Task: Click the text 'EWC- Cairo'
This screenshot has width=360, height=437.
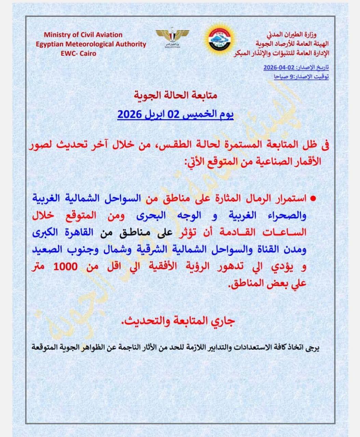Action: (79, 53)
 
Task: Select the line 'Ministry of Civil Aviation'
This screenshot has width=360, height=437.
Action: (83, 34)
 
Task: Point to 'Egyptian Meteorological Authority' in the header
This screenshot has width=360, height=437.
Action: (91, 44)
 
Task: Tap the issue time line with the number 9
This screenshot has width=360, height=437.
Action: (301, 77)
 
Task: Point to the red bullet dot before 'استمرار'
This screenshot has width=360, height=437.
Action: (312, 198)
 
